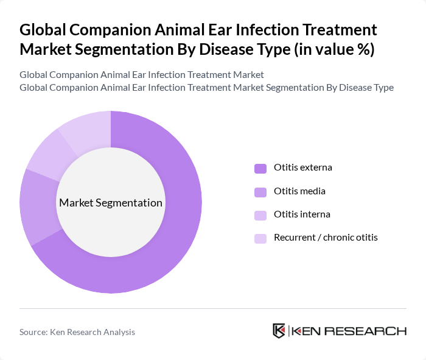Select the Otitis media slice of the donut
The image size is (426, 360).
(x=38, y=207)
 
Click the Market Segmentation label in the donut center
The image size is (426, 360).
(x=111, y=203)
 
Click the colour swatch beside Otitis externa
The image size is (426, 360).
(x=260, y=168)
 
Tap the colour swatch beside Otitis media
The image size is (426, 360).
(x=260, y=192)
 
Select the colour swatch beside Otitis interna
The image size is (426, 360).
(x=260, y=215)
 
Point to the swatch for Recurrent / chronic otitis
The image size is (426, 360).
(x=260, y=238)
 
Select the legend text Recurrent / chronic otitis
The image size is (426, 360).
(x=326, y=238)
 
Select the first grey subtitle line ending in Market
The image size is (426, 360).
(x=142, y=75)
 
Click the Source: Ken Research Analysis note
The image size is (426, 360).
(x=77, y=332)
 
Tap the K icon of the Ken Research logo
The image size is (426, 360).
(x=279, y=331)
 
